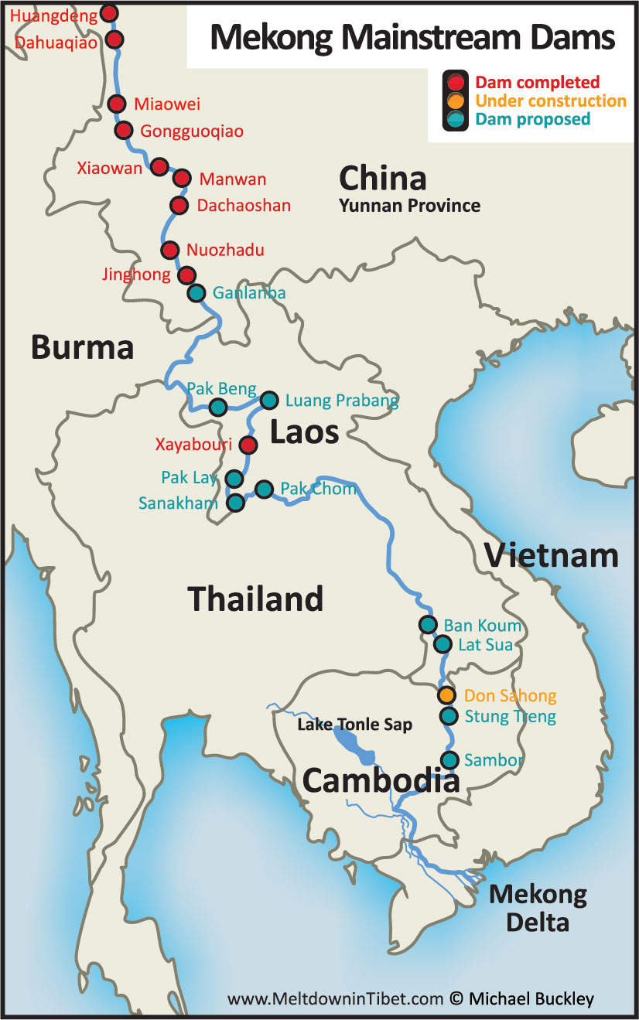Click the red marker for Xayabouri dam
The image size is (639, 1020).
[x=248, y=445]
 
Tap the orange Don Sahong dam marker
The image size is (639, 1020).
[x=447, y=694]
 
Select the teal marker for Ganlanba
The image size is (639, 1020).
[x=196, y=293]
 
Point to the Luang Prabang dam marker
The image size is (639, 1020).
[x=268, y=400]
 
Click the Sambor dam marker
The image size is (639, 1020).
[x=449, y=759]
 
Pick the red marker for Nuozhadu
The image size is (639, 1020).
[x=169, y=250]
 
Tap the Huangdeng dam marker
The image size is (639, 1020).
[x=110, y=13]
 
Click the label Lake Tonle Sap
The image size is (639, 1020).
[x=356, y=725]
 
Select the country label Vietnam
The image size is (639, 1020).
[x=552, y=555]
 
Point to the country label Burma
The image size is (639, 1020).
[x=82, y=348]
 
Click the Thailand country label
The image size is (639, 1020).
[x=255, y=599]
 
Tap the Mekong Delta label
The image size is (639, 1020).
[x=538, y=909]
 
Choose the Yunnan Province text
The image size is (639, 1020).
[x=409, y=206]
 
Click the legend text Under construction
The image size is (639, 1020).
[x=550, y=101]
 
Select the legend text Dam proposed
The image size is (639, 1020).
[x=532, y=119]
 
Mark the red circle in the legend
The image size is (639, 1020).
[x=456, y=82]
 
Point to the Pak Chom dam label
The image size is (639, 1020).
[x=318, y=489]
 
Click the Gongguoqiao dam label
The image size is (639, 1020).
[x=192, y=131]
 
